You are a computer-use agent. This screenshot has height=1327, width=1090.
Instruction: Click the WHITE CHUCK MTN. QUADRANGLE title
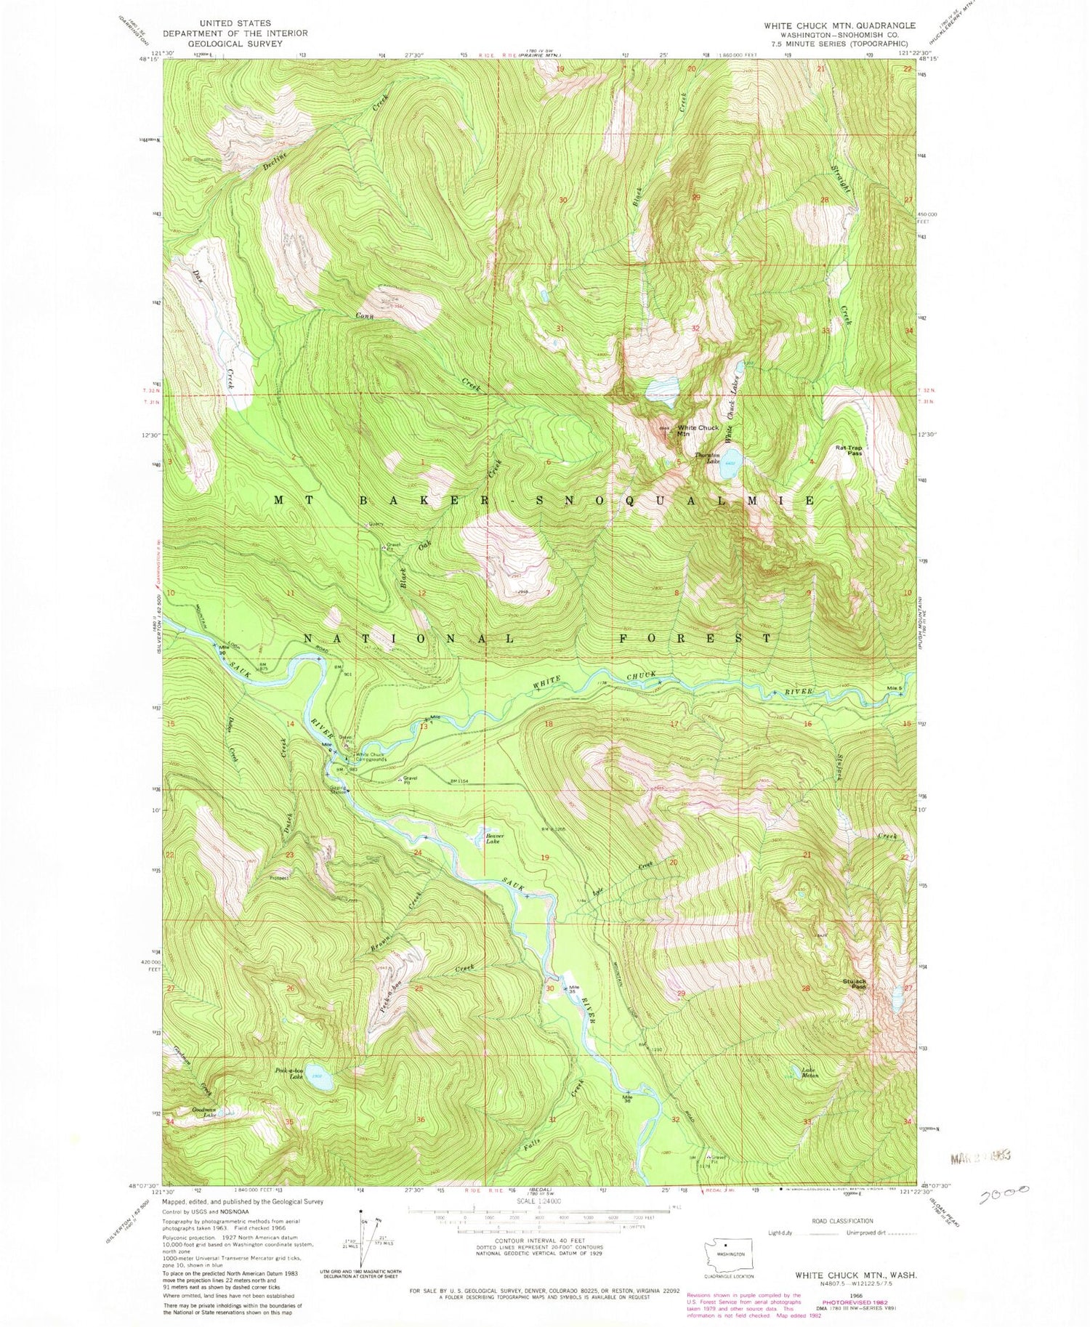(828, 25)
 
